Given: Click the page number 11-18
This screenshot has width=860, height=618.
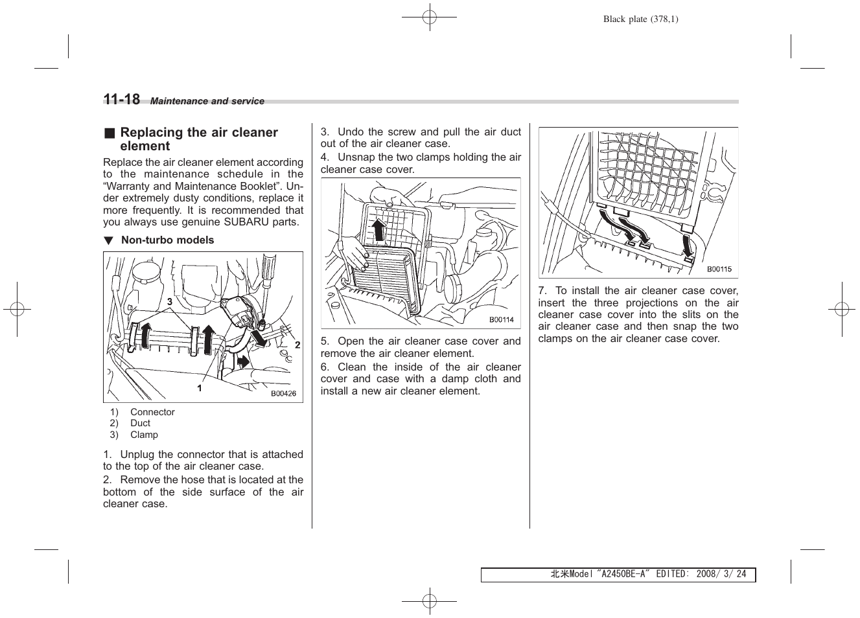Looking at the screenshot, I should (121, 99).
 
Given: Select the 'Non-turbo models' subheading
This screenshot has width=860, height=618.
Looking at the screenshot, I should (167, 240).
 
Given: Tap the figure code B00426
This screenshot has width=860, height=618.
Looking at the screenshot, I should (283, 393).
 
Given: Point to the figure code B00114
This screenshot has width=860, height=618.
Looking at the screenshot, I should (501, 319).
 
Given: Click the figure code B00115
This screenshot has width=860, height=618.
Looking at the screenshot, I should (719, 269).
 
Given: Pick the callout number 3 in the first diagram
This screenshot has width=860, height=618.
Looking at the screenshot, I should (170, 302).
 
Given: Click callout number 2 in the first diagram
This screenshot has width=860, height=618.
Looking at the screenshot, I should (297, 345).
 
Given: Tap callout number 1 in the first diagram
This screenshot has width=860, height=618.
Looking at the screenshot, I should (200, 388).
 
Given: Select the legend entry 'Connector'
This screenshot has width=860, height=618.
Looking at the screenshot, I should (152, 412).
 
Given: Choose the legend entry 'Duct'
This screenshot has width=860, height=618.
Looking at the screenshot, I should (140, 423).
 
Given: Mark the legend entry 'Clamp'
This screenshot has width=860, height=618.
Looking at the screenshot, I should (144, 435).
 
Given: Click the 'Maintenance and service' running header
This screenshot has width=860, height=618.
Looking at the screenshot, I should (207, 101).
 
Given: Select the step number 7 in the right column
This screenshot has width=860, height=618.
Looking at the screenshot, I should (542, 291).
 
